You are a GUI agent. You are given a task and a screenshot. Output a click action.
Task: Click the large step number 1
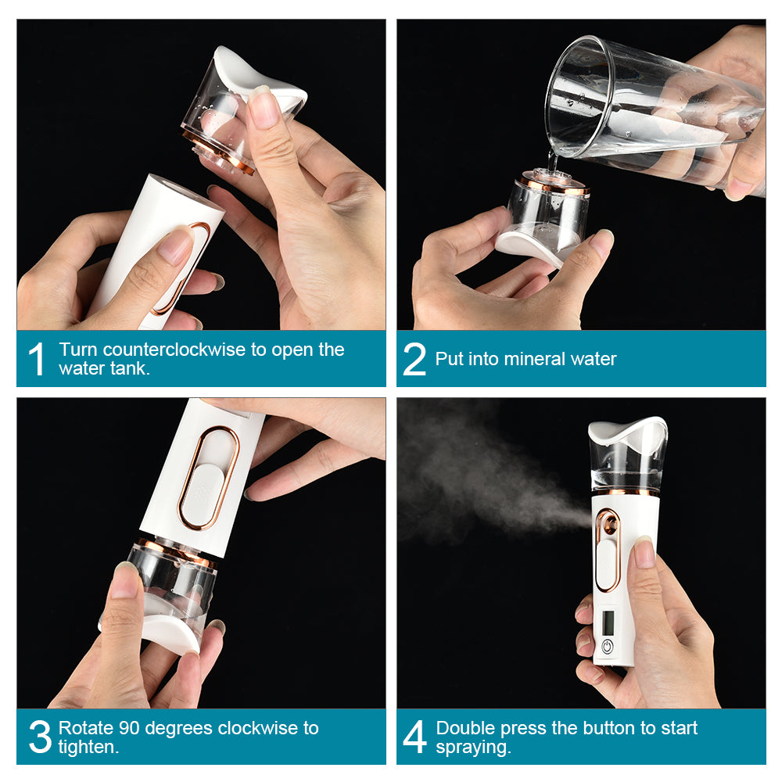37,360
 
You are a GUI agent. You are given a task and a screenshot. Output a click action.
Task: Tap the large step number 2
414,360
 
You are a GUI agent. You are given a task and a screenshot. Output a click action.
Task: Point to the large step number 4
415,737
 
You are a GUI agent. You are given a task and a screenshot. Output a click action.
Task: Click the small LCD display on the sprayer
609,622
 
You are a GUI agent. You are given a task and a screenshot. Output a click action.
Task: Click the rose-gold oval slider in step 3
207,477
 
